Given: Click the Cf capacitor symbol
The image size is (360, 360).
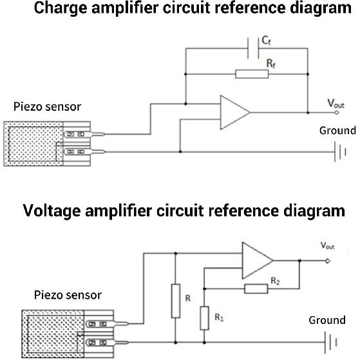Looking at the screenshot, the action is (x=253, y=48).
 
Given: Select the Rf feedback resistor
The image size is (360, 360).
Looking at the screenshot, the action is (x=252, y=74).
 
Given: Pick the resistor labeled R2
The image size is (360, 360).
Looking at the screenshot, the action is (x=256, y=289).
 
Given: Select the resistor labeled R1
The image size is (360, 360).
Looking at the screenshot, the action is (x=204, y=318).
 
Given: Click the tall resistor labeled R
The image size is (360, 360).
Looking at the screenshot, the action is (x=176, y=301).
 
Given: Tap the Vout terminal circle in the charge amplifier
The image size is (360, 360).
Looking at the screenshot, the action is (x=337, y=113).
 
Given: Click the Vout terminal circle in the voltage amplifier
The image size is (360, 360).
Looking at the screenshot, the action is (x=328, y=261).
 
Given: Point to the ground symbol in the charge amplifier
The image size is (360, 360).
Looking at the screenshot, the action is (x=340, y=152).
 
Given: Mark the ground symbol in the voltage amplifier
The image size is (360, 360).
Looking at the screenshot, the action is (x=331, y=343).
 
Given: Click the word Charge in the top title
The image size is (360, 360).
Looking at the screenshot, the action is (x=61, y=8).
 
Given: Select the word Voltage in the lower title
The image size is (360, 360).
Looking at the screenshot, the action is (x=52, y=211).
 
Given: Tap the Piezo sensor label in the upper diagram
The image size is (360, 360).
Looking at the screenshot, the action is (x=47, y=107).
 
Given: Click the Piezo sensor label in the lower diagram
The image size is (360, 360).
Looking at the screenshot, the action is (x=68, y=295).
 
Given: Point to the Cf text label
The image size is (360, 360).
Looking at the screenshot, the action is (x=267, y=41).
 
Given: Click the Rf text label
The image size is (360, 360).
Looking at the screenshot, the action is (x=271, y=63).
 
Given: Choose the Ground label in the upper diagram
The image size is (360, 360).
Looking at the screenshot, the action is (x=337, y=130).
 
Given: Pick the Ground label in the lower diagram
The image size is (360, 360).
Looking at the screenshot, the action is (x=327, y=320).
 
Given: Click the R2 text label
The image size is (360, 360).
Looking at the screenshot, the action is (x=275, y=281).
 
